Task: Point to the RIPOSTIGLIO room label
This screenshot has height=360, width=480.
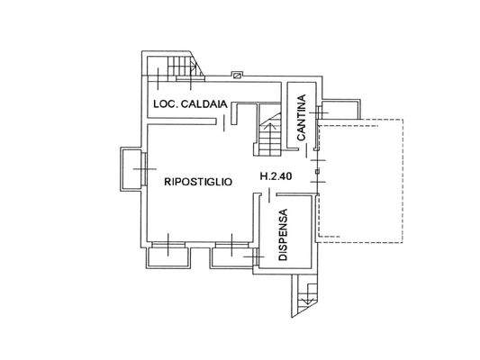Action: (199, 181)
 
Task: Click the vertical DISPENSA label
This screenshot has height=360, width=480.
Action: (282, 234)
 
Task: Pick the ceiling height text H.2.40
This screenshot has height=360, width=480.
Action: (276, 176)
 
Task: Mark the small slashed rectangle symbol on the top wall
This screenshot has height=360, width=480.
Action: (238, 76)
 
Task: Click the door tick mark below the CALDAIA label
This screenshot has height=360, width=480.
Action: (215, 125)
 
